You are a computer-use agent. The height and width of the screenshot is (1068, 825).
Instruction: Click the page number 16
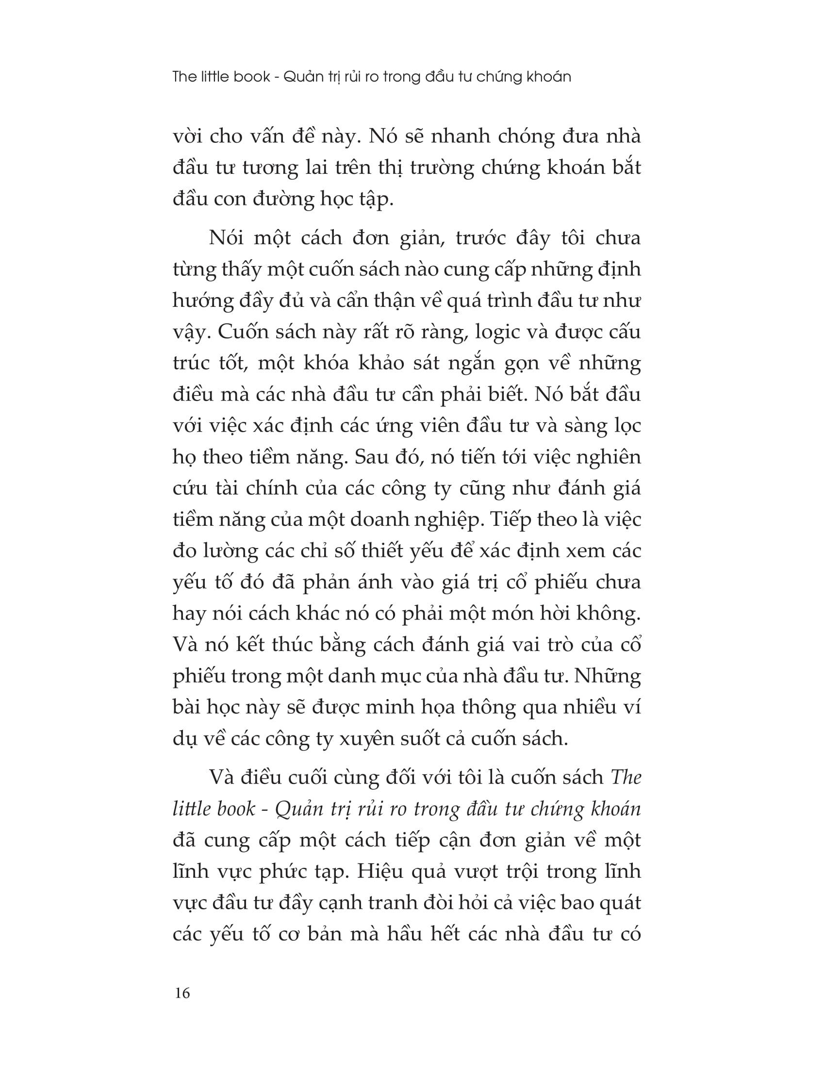coord(181,993)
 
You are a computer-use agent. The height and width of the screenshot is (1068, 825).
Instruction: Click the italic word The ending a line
coord(626,777)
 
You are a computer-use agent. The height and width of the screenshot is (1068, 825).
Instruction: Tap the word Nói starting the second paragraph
coord(225,238)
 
